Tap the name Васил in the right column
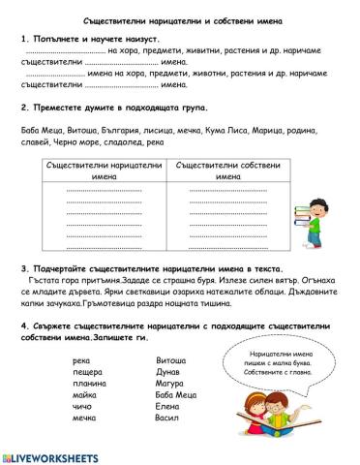coord(167,418)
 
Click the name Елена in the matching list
coord(167,407)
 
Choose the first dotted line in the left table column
coord(104,191)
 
